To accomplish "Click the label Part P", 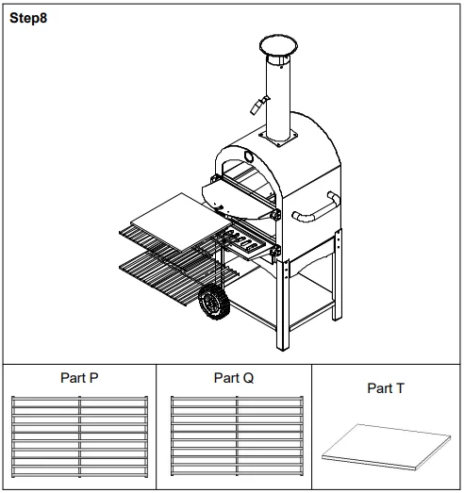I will click(x=78, y=378).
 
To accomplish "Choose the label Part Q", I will click(x=233, y=378).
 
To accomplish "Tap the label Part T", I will click(x=386, y=387).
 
